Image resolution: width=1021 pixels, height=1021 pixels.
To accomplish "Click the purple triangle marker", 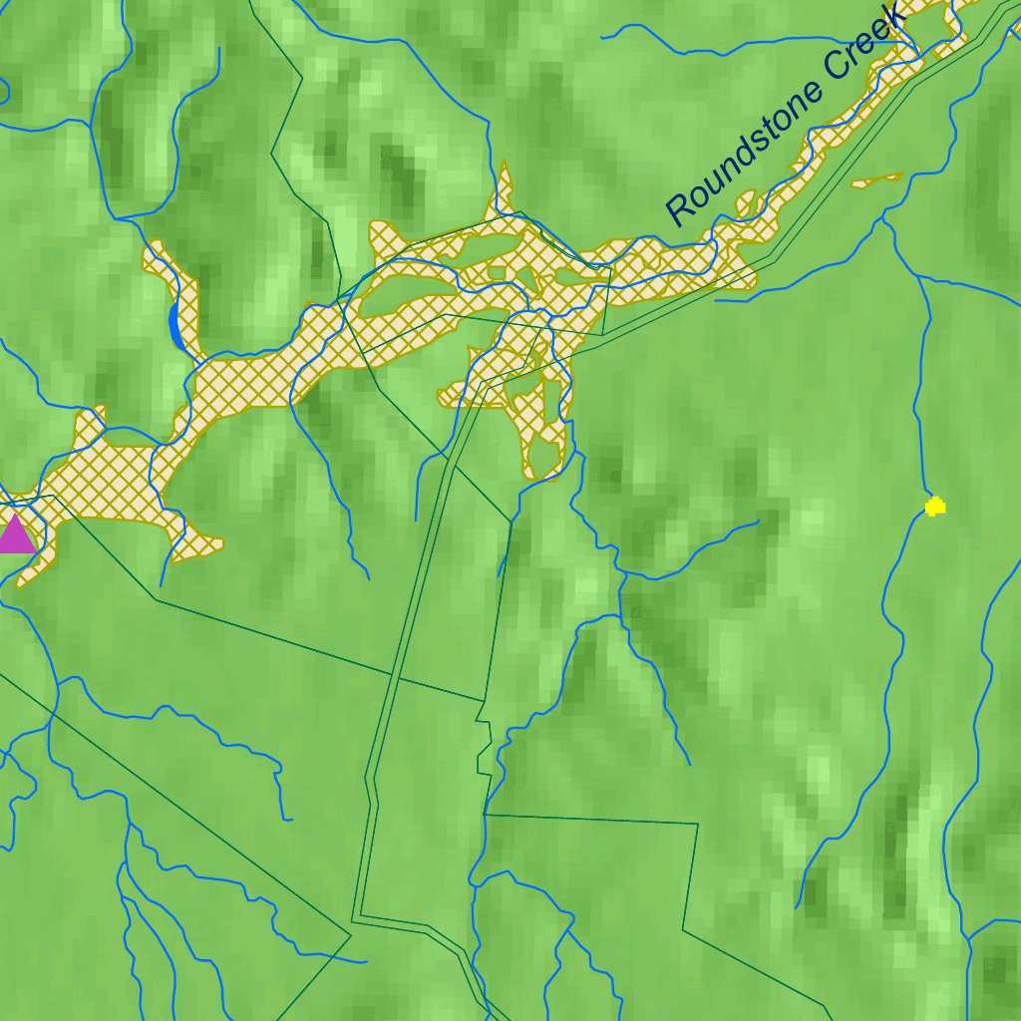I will coord(16,535).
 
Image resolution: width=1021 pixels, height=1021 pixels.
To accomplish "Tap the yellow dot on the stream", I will coord(934,507).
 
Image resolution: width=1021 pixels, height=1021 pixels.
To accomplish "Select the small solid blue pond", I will coord(175,325).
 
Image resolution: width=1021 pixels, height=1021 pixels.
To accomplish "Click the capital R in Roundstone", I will coord(681,208).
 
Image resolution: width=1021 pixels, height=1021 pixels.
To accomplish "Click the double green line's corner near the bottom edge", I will coord(360,914).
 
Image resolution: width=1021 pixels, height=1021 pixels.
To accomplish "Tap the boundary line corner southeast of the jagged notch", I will coord(695,825).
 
